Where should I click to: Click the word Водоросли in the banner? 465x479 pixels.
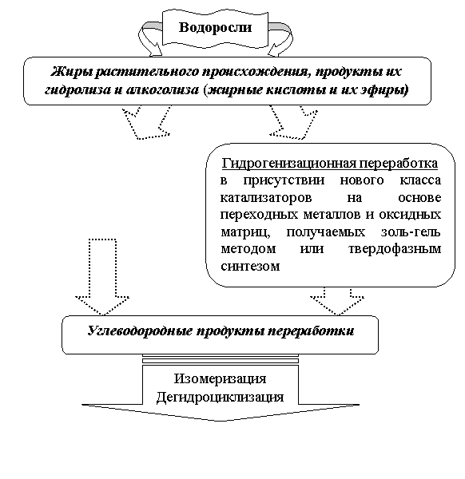[215, 27]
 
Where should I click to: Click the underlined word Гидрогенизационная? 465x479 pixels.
[288, 164]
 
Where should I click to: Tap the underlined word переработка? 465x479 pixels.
[399, 164]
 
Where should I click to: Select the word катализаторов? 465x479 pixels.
[266, 198]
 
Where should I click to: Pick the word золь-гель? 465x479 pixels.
[411, 232]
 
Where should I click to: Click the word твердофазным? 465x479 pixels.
[395, 249]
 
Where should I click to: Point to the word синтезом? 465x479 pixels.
[250, 266]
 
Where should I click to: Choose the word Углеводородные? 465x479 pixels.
[140, 331]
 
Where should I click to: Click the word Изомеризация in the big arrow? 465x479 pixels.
[221, 379]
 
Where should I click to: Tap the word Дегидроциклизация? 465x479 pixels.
[221, 398]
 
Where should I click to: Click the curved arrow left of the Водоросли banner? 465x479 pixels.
[149, 39]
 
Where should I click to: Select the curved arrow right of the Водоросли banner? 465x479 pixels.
[280, 39]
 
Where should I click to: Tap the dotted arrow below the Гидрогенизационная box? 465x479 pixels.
[337, 301]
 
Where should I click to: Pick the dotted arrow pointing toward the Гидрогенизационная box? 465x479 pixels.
[293, 122]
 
